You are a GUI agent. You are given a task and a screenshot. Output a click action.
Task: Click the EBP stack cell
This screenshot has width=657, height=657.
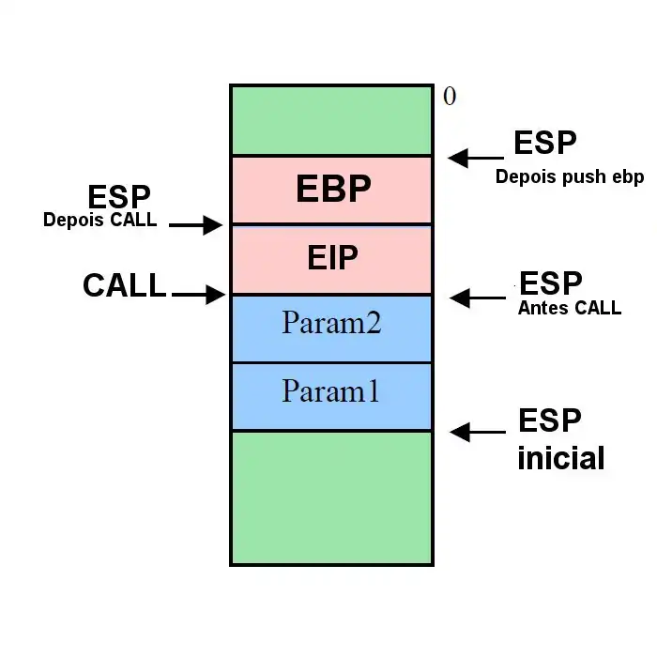(x=332, y=190)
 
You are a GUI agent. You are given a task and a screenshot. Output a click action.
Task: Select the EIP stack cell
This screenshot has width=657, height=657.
(x=332, y=258)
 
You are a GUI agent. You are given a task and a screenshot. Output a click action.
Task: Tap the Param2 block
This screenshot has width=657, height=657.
(x=332, y=327)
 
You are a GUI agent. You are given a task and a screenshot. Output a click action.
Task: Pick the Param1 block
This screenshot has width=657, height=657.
(x=332, y=394)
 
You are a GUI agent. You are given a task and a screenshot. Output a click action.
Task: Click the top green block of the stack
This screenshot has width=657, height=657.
(x=332, y=120)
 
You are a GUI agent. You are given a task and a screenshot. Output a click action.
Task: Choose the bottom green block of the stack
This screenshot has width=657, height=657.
(x=332, y=497)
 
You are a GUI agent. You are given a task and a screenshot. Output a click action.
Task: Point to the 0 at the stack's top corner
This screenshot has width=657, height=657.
(x=450, y=97)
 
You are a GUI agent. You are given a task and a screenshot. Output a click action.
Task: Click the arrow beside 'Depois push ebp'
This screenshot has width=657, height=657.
(x=477, y=158)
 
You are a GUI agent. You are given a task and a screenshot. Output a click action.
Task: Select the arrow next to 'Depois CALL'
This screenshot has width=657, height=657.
(x=195, y=224)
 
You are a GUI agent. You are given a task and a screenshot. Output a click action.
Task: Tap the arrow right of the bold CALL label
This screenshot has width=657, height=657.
(x=199, y=295)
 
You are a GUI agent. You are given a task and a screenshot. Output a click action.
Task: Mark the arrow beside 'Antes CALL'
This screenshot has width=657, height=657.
(x=479, y=298)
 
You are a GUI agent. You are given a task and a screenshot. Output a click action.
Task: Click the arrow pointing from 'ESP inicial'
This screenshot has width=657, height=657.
(x=479, y=433)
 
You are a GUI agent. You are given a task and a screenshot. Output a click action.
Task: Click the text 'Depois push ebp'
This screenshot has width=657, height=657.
(x=570, y=177)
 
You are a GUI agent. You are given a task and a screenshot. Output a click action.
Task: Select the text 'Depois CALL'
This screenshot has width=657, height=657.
(x=99, y=222)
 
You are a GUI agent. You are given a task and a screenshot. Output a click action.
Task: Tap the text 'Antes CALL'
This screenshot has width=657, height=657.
(x=569, y=307)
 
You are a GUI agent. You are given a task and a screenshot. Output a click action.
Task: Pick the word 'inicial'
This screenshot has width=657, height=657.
(x=561, y=459)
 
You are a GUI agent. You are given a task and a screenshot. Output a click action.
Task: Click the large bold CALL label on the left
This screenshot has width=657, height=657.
(x=124, y=286)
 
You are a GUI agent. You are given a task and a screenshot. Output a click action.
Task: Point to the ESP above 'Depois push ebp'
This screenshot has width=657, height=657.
(x=545, y=144)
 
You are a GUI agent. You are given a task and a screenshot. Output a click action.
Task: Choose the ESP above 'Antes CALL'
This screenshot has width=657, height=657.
(x=551, y=283)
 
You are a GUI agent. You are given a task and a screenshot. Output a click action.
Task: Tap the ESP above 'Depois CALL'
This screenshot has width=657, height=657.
(x=119, y=198)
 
